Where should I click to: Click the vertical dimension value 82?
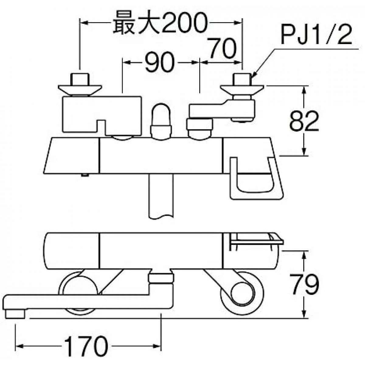pyautogui.click(x=304, y=121)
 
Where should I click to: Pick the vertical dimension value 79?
pyautogui.click(x=304, y=285)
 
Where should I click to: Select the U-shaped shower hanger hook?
pyautogui.click(x=255, y=179)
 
